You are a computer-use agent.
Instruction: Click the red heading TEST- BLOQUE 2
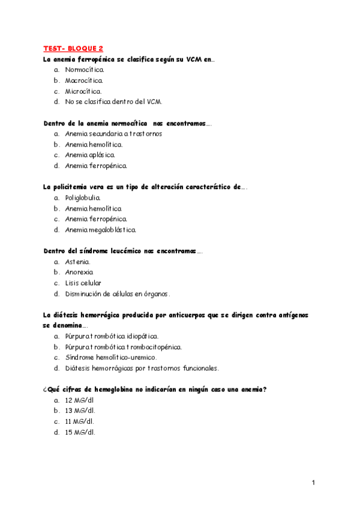[x=73, y=48]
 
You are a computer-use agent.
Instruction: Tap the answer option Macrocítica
[x=84, y=80]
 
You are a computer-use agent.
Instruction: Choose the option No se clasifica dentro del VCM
[x=113, y=102]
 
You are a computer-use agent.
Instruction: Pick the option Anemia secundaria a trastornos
[x=113, y=134]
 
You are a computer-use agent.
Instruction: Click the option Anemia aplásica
[x=90, y=155]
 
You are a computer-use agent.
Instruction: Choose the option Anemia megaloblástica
[x=101, y=229]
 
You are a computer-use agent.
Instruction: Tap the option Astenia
[x=78, y=262]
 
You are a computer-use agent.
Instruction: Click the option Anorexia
[x=79, y=273]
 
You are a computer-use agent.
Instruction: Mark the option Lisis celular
[x=83, y=283]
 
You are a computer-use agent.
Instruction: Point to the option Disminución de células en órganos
[x=118, y=294]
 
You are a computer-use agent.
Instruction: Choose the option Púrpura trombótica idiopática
[x=112, y=336]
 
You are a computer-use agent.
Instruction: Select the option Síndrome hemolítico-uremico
[x=111, y=358]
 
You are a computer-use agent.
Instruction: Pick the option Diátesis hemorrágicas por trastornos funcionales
[x=142, y=368]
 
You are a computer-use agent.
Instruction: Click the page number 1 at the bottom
[x=313, y=483]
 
